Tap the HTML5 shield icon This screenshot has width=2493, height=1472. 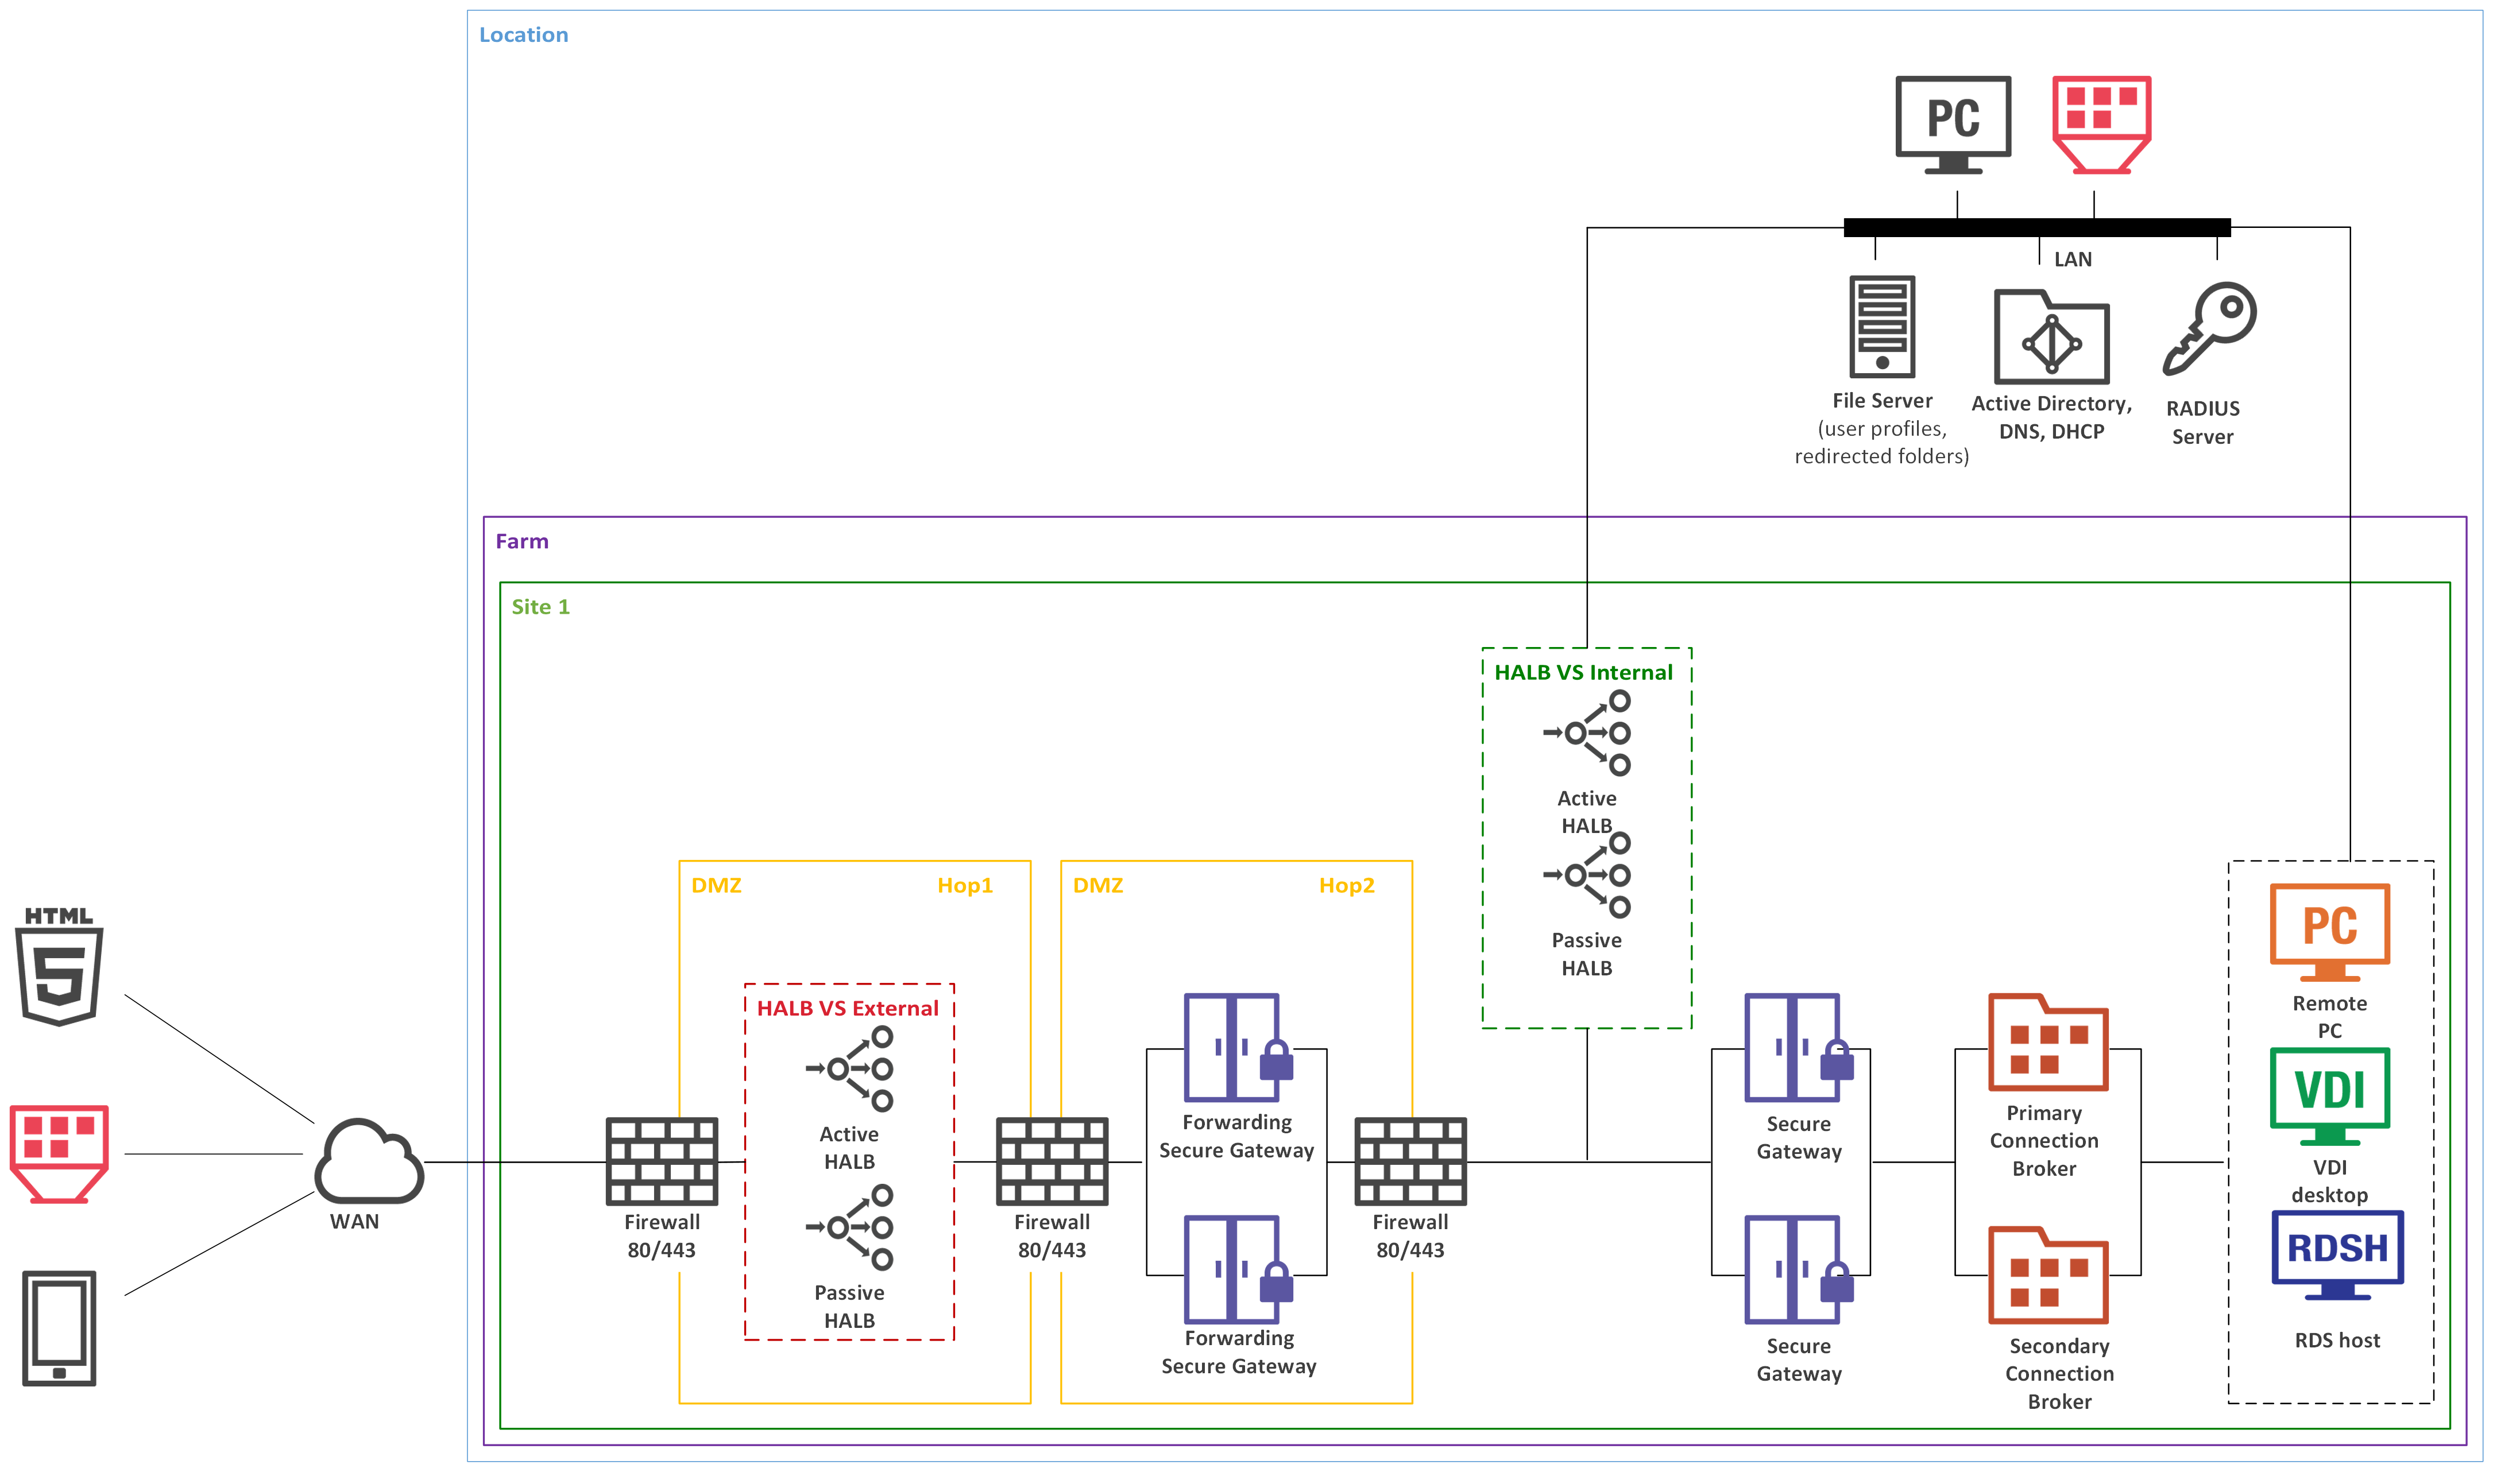60,967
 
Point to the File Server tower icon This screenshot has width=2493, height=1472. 1882,326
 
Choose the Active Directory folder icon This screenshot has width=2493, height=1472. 2051,337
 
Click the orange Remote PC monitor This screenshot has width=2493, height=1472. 2329,931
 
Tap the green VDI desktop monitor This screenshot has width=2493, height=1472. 2329,1095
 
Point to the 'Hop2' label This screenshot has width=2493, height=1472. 1346,886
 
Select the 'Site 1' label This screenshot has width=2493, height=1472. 540,607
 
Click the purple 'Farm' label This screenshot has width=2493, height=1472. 522,541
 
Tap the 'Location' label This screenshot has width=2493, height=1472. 524,34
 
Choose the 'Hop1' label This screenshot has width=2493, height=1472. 964,886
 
